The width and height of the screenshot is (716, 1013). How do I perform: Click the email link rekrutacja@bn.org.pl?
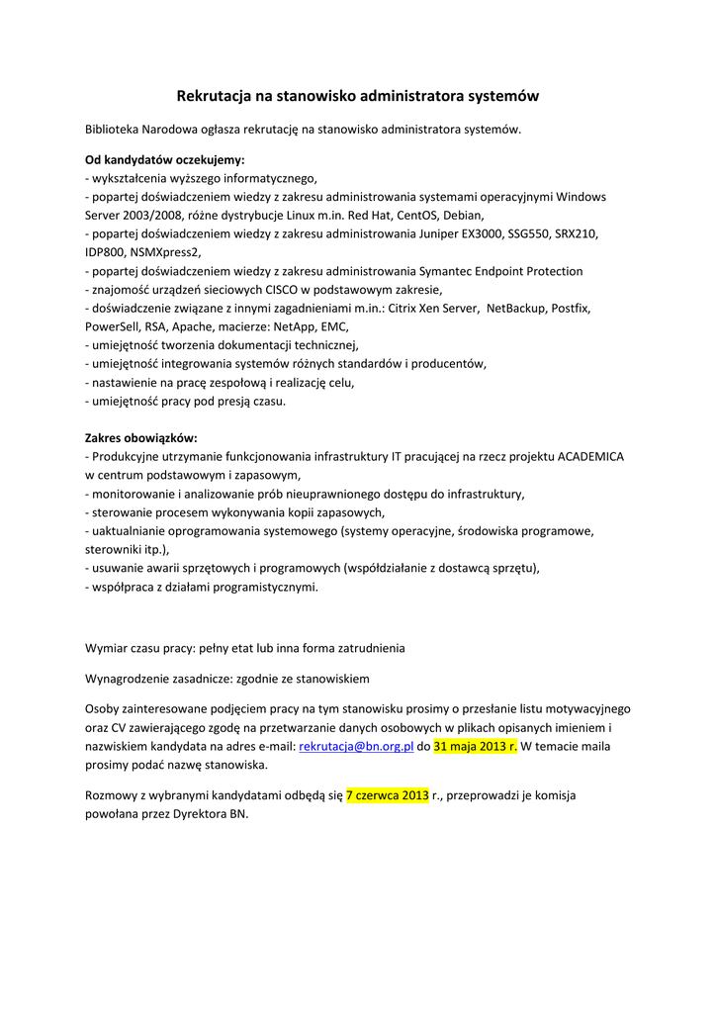coord(356,747)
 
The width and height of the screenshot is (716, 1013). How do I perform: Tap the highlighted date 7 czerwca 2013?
coord(387,795)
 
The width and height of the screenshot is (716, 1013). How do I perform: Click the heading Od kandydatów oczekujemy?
coord(164,159)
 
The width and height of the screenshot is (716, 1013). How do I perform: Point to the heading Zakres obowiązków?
coord(141,437)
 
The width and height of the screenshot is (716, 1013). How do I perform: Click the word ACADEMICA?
coord(591,457)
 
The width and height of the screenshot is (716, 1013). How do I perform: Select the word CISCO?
coord(262,290)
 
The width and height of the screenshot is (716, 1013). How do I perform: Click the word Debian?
coord(463,215)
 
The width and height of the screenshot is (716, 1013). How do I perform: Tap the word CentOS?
coord(416,215)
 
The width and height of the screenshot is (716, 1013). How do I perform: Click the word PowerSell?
coord(115,326)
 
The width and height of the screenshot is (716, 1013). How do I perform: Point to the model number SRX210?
coord(578,234)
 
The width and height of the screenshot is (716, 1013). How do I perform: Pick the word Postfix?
coord(571,309)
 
